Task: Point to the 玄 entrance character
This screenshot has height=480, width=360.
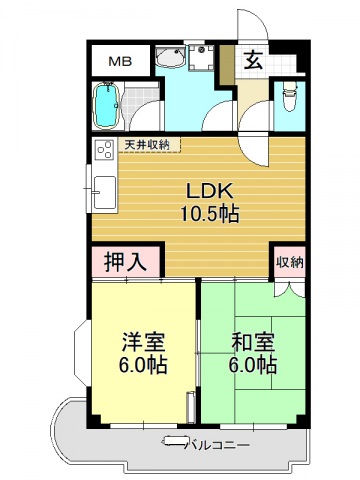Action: click(254, 60)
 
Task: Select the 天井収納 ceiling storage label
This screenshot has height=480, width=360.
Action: click(146, 144)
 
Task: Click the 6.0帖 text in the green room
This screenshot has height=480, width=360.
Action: click(252, 365)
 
